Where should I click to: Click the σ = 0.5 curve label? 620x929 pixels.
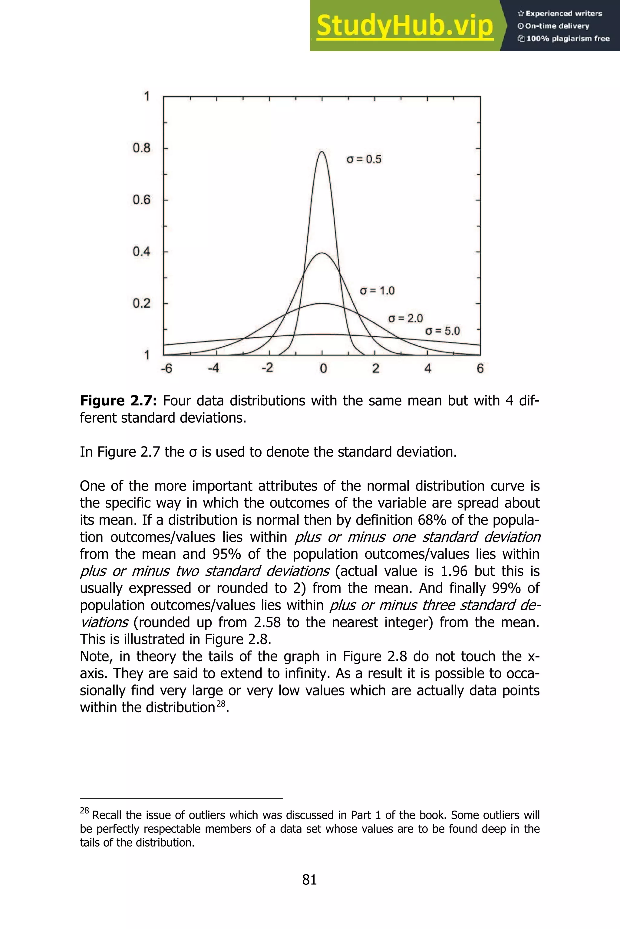[364, 159]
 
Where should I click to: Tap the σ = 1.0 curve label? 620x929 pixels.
[377, 291]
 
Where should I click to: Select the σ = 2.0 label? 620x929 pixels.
[405, 318]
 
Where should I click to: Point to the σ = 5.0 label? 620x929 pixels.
[443, 331]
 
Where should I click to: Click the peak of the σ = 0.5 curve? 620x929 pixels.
[322, 152]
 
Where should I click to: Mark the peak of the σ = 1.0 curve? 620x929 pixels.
[322, 253]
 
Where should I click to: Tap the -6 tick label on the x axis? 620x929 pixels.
[167, 369]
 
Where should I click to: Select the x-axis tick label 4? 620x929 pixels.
[428, 369]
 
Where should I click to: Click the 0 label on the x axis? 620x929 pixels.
[323, 369]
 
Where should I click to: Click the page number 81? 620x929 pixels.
[310, 880]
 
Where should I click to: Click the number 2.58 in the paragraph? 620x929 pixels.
[267, 622]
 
